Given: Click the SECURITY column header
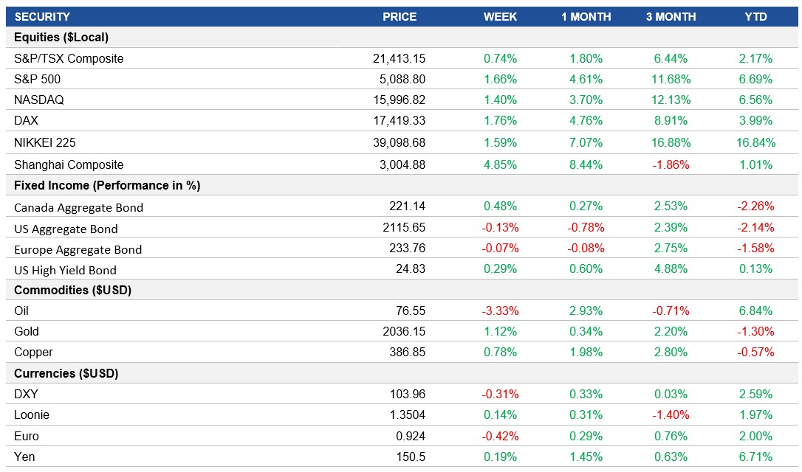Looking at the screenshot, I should [x=42, y=17].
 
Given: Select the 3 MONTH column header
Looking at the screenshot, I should [x=671, y=17].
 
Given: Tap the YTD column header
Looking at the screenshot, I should [x=755, y=17].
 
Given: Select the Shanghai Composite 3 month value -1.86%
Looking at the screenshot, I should [x=671, y=164].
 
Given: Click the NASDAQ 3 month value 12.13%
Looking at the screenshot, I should [x=671, y=100].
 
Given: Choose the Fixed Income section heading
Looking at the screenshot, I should [x=107, y=186].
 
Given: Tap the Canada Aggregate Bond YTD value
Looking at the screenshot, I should [x=755, y=207].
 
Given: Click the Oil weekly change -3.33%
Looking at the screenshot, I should [x=500, y=310].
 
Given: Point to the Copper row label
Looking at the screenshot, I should [x=33, y=353].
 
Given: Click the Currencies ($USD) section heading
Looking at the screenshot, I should [x=66, y=373].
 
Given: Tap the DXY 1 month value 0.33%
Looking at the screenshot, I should [x=586, y=394].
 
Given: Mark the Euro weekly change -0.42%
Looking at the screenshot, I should [x=500, y=436].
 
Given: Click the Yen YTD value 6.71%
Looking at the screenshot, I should [x=755, y=457].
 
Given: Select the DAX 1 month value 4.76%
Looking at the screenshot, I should [x=586, y=120].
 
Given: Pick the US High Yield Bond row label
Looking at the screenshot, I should [x=65, y=270].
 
